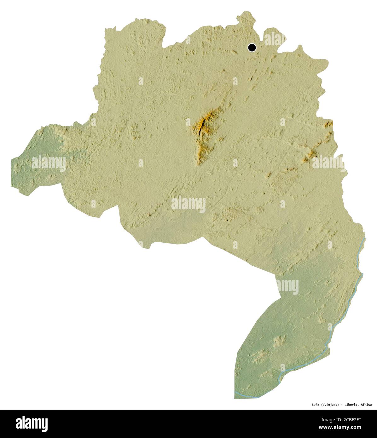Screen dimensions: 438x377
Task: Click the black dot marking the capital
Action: [252, 48]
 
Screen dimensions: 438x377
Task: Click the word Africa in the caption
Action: [366, 405]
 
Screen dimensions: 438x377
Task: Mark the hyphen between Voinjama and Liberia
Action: [342, 405]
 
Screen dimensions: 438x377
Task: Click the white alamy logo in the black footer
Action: [32, 424]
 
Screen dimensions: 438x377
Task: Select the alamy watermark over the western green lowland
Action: [49, 163]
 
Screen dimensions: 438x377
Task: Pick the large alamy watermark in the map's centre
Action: [188, 204]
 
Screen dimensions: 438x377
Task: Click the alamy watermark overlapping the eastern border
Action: [328, 163]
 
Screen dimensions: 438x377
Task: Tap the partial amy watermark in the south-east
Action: [287, 287]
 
